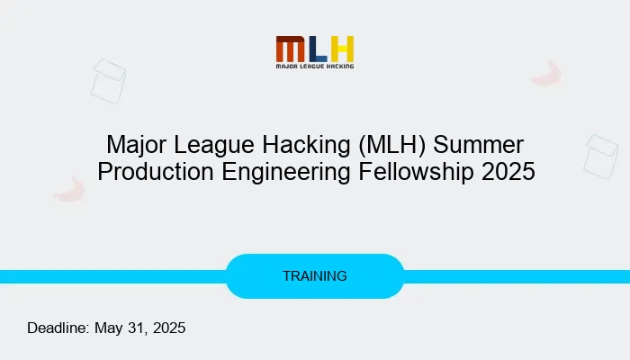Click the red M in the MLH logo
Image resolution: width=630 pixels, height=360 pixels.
[290, 49]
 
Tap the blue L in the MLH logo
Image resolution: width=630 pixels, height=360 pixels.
[319, 49]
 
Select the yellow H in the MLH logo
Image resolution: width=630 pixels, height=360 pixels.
[342, 49]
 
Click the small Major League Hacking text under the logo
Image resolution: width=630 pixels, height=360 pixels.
[315, 66]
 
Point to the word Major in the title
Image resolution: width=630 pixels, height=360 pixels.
[136, 145]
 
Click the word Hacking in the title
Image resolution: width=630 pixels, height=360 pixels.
[306, 145]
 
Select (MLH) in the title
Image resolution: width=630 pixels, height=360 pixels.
[391, 145]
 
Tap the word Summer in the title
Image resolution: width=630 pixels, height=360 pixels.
[479, 145]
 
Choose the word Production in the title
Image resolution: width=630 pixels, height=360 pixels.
[156, 172]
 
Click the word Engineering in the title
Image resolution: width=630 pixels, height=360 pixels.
[285, 173]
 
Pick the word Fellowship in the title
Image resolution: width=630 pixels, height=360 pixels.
[416, 173]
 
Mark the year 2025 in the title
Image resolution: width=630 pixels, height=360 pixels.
[508, 172]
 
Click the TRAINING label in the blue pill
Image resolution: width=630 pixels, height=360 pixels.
[315, 276]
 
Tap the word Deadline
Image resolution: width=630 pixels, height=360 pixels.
[58, 328]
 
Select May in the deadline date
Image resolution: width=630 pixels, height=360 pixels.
[108, 328]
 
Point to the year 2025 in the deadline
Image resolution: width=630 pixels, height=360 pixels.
[169, 328]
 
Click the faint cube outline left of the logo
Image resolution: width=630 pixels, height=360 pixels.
[108, 81]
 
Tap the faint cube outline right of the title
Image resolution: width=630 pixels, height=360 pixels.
[601, 157]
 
